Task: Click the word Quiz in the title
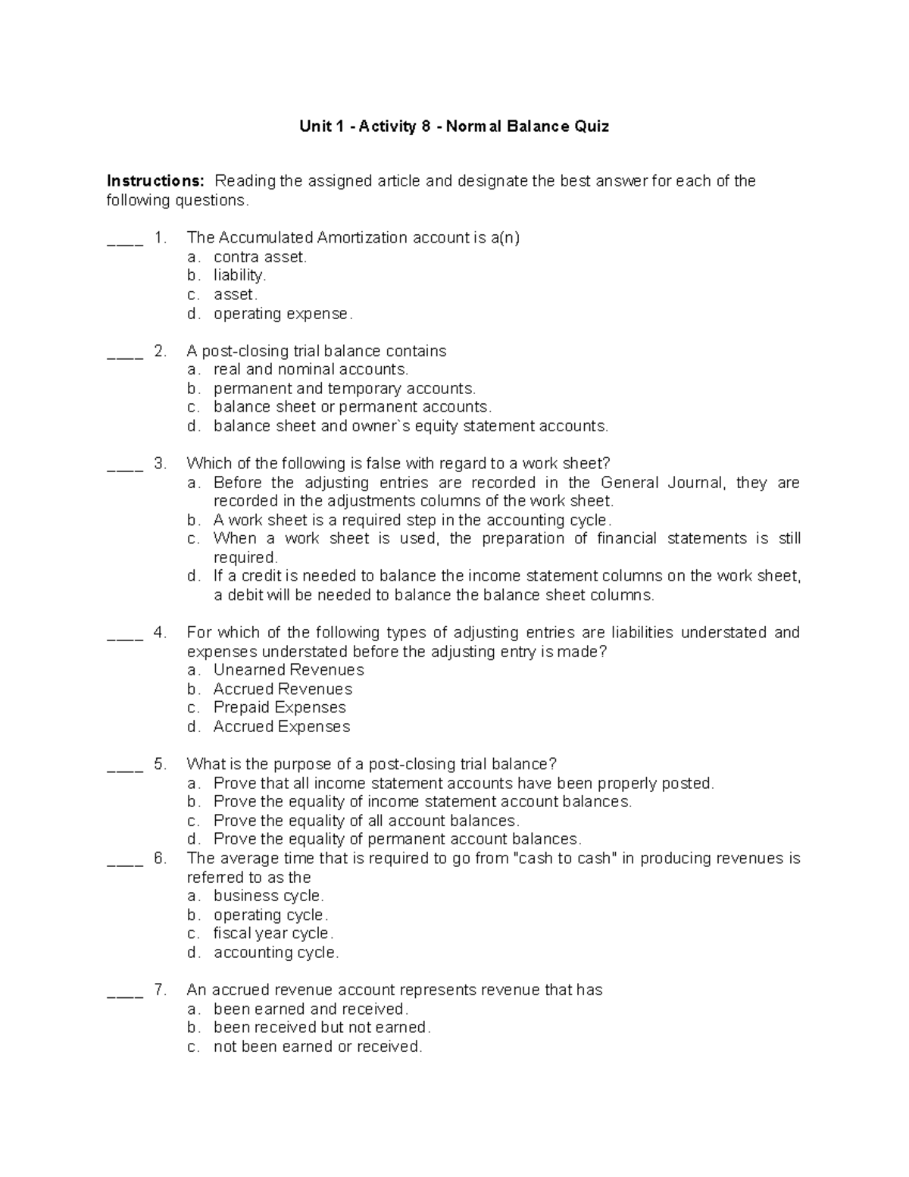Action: [591, 127]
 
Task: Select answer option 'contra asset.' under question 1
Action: [260, 257]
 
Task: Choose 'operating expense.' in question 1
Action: [283, 314]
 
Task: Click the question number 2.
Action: [160, 351]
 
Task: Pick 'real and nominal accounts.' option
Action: [311, 370]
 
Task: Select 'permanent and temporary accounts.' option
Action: [345, 389]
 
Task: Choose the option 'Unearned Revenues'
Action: [289, 670]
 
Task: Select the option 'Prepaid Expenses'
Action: [280, 707]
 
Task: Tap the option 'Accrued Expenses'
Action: [282, 727]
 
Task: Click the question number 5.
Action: [160, 764]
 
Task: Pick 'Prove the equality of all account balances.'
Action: [366, 821]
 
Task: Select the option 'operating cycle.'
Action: [270, 915]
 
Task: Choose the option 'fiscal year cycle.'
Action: [273, 934]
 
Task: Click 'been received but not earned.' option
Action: [322, 1028]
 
